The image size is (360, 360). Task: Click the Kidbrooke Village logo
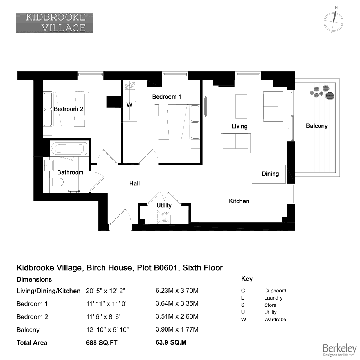click(x=54, y=22)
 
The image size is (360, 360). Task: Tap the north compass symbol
click(x=334, y=21)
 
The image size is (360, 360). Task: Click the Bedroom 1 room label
click(x=167, y=96)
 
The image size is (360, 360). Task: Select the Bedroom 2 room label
click(x=68, y=109)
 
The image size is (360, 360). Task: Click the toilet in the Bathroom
click(x=57, y=183)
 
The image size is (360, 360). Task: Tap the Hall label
click(x=134, y=184)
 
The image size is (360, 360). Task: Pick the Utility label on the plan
click(x=164, y=206)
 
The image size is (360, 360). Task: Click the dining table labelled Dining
click(x=269, y=174)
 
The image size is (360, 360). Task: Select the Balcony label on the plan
click(x=316, y=126)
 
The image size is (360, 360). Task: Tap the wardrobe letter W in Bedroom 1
click(x=130, y=105)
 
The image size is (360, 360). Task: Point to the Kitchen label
click(x=239, y=201)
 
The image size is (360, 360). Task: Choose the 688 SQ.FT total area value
click(x=102, y=343)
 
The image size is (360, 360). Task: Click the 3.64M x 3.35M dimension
click(x=177, y=303)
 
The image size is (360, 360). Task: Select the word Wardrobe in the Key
click(x=275, y=319)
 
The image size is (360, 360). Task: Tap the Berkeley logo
click(x=339, y=350)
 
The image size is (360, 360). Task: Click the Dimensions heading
click(x=34, y=279)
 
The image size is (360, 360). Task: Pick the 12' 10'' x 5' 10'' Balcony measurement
click(x=108, y=330)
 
